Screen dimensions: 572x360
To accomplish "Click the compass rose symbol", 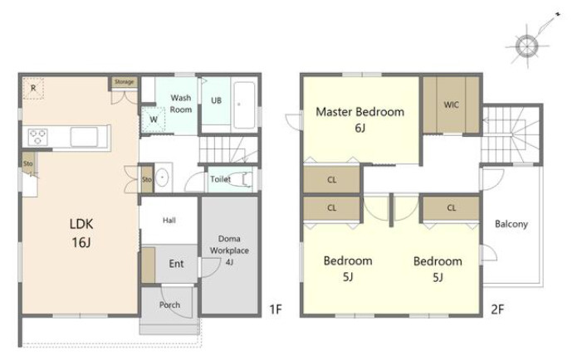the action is pos(527,46).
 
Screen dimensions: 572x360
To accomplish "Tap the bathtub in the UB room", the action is pos(244,105).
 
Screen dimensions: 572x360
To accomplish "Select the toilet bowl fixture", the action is pos(241,179).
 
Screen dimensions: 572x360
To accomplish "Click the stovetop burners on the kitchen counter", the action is pos(38,137).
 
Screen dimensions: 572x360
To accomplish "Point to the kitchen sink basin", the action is pos(84,137).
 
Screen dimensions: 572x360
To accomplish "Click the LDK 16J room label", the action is pos(81,232).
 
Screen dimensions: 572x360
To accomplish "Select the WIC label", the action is pos(452,105).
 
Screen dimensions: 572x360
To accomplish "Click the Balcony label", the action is pos(511,224).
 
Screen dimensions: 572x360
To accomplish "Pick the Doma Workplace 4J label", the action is pos(229,251).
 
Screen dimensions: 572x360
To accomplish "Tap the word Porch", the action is pos(169,304).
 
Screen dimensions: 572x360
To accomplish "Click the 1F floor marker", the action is pos(276,309).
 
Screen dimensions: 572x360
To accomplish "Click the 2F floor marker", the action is pos(497,309).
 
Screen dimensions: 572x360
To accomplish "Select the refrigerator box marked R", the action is pos(33,88).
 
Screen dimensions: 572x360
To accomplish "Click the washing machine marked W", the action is pos(154,119).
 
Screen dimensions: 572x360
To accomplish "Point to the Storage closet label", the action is pos(125,81).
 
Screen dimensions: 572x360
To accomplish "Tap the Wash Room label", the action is pos(181,104).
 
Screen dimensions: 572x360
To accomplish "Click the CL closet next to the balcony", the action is pos(452,208).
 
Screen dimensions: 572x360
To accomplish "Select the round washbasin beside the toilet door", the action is pos(162,178).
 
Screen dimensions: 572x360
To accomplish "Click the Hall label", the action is pos(169,220).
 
